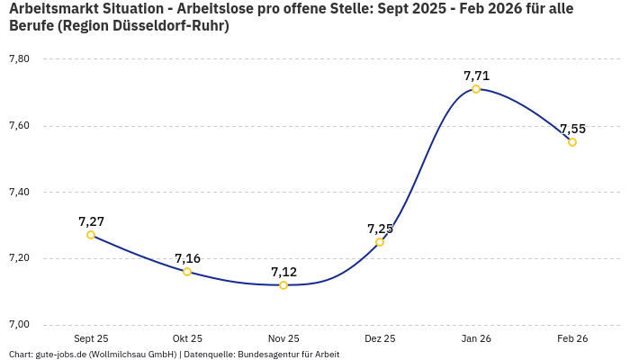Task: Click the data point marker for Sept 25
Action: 91,235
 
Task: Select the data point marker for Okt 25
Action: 187,272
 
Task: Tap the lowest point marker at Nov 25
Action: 283,285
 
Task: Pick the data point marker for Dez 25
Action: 380,242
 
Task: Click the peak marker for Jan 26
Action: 476,89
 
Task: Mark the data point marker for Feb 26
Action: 572,142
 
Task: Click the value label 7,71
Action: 476,76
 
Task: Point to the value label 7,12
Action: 283,272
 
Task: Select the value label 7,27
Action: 91,221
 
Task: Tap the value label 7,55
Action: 572,129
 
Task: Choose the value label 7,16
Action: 187,258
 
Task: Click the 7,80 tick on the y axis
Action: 19,58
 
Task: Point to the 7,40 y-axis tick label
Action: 19,192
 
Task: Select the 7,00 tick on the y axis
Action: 19,325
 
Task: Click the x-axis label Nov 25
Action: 283,338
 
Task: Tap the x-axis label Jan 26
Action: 476,338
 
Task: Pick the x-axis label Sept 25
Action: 91,338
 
